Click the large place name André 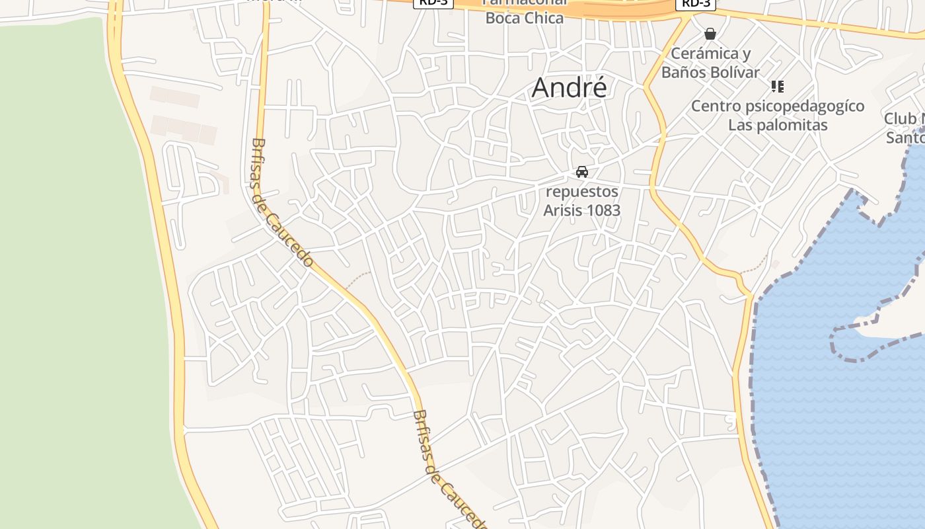click(569, 88)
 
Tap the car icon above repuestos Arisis click(582, 172)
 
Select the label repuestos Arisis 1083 click(581, 201)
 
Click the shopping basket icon click(710, 33)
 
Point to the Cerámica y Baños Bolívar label click(710, 63)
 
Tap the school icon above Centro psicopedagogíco click(778, 86)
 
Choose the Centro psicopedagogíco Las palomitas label click(778, 115)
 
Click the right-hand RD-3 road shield click(696, 3)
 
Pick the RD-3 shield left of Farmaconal click(433, 3)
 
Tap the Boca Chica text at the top click(525, 18)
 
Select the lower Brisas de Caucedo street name click(448, 468)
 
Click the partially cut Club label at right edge click(904, 119)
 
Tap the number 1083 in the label click(602, 210)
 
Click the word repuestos click(581, 192)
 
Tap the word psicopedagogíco click(804, 106)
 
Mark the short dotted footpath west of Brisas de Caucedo click(358, 276)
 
